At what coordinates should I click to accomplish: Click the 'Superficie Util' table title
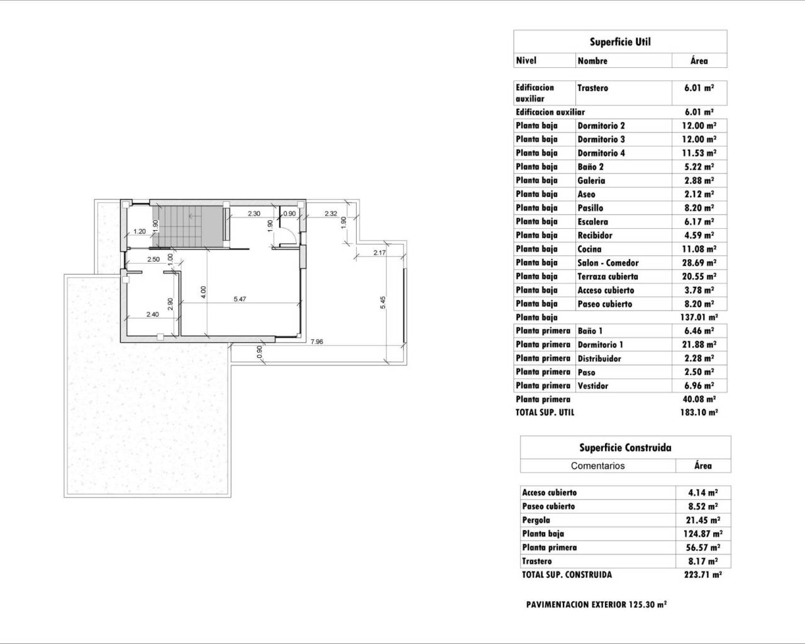619,42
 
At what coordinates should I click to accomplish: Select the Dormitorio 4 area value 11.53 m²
699,153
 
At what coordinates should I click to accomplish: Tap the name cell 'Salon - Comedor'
608,263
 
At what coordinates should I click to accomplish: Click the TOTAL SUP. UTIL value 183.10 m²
699,413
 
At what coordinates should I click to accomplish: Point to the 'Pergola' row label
536,520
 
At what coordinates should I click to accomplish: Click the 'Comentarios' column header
597,466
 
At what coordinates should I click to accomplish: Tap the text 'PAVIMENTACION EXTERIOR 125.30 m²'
596,604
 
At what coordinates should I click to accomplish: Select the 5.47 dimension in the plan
240,299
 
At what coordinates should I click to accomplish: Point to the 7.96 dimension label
317,342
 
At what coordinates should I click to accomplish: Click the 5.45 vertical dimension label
382,302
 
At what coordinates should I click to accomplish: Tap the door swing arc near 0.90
288,236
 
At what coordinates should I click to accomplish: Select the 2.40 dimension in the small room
152,314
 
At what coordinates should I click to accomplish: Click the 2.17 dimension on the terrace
379,253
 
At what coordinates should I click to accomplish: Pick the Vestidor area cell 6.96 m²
699,386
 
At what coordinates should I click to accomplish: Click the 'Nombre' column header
592,61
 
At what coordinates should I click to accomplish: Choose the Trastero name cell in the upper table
592,88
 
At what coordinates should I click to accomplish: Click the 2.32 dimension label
331,214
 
